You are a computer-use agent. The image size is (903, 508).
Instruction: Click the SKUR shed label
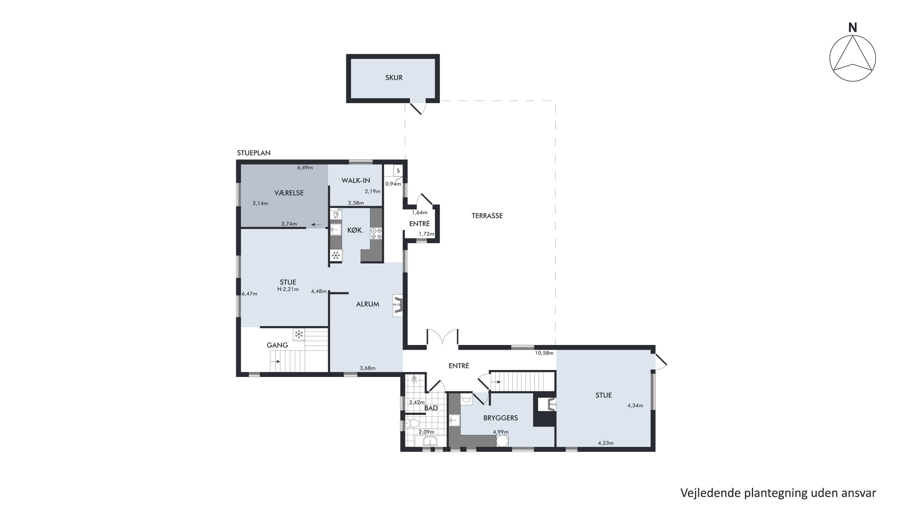click(x=394, y=78)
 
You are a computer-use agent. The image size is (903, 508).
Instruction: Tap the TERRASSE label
click(x=487, y=216)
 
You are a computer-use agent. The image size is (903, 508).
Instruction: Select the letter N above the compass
click(x=852, y=28)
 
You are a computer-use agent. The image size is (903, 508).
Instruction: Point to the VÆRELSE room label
click(x=289, y=193)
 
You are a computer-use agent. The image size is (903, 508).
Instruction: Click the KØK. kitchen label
click(x=355, y=230)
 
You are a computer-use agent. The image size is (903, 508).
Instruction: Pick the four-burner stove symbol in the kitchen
click(x=376, y=233)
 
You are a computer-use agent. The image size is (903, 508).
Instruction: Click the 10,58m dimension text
click(x=544, y=353)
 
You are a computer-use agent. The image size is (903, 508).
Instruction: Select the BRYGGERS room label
click(x=500, y=418)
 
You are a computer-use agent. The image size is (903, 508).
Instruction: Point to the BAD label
click(x=431, y=408)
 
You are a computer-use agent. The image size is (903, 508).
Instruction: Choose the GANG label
click(x=277, y=345)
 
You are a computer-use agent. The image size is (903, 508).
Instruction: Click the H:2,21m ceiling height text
click(x=288, y=289)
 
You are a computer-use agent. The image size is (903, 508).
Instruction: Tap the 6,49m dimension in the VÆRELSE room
click(x=305, y=168)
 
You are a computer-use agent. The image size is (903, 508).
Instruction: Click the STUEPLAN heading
click(x=254, y=153)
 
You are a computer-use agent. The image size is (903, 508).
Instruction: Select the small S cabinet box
click(x=398, y=171)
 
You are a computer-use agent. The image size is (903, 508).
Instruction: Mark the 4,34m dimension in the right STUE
click(x=635, y=406)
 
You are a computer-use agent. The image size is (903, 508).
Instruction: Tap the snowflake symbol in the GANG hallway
click(x=299, y=334)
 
